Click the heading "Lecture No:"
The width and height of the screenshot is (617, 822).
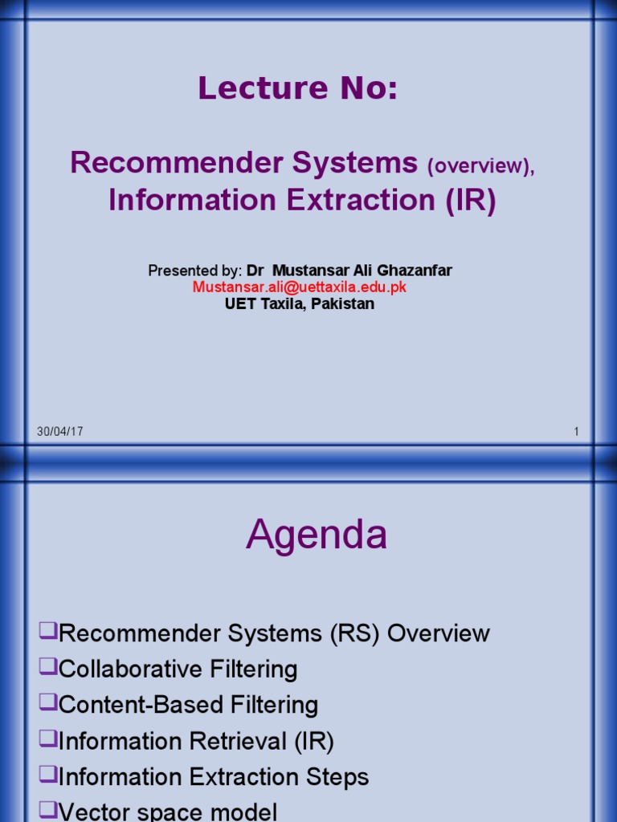(x=298, y=88)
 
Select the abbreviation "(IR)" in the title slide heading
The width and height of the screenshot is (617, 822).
(x=471, y=201)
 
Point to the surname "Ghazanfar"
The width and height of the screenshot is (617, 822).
(x=412, y=271)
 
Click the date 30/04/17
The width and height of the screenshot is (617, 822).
(x=59, y=432)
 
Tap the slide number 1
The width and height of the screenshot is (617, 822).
(x=576, y=432)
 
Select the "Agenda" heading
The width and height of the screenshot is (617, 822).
(x=317, y=535)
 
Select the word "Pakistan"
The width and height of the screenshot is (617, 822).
(x=346, y=304)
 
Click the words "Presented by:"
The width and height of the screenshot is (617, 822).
(x=194, y=271)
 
